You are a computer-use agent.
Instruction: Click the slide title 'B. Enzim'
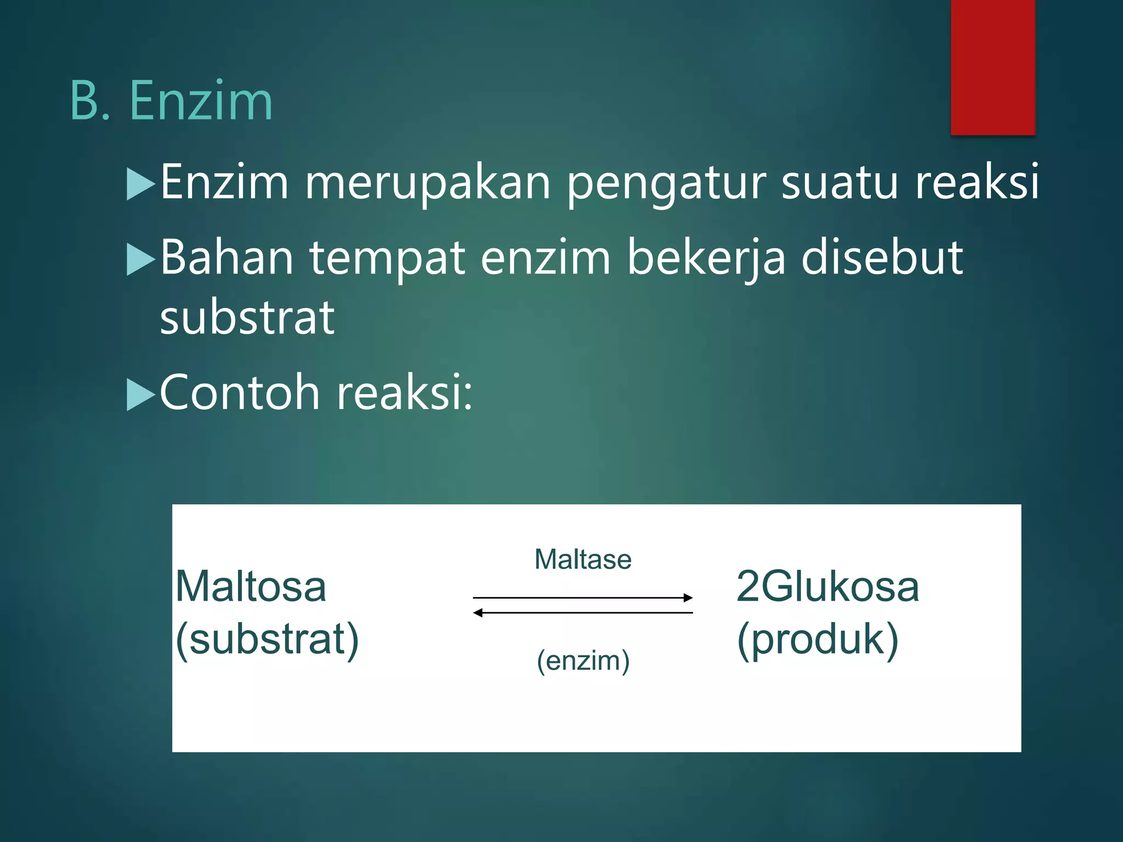[171, 101]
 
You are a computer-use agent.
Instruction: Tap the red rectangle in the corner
[992, 67]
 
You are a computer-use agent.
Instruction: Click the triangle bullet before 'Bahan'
[141, 259]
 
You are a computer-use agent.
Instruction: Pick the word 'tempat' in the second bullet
[388, 258]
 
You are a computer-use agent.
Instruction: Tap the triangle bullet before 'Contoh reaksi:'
[141, 395]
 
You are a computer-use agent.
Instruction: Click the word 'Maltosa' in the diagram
[251, 587]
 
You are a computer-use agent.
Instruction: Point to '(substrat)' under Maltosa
[267, 639]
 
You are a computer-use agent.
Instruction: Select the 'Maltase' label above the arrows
[583, 560]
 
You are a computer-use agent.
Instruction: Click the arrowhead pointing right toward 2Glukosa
[688, 598]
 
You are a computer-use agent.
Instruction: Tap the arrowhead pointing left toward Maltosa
[478, 612]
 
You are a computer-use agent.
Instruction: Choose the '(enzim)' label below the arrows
[583, 661]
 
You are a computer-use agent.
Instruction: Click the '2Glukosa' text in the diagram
[827, 587]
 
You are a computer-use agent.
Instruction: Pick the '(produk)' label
[818, 639]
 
